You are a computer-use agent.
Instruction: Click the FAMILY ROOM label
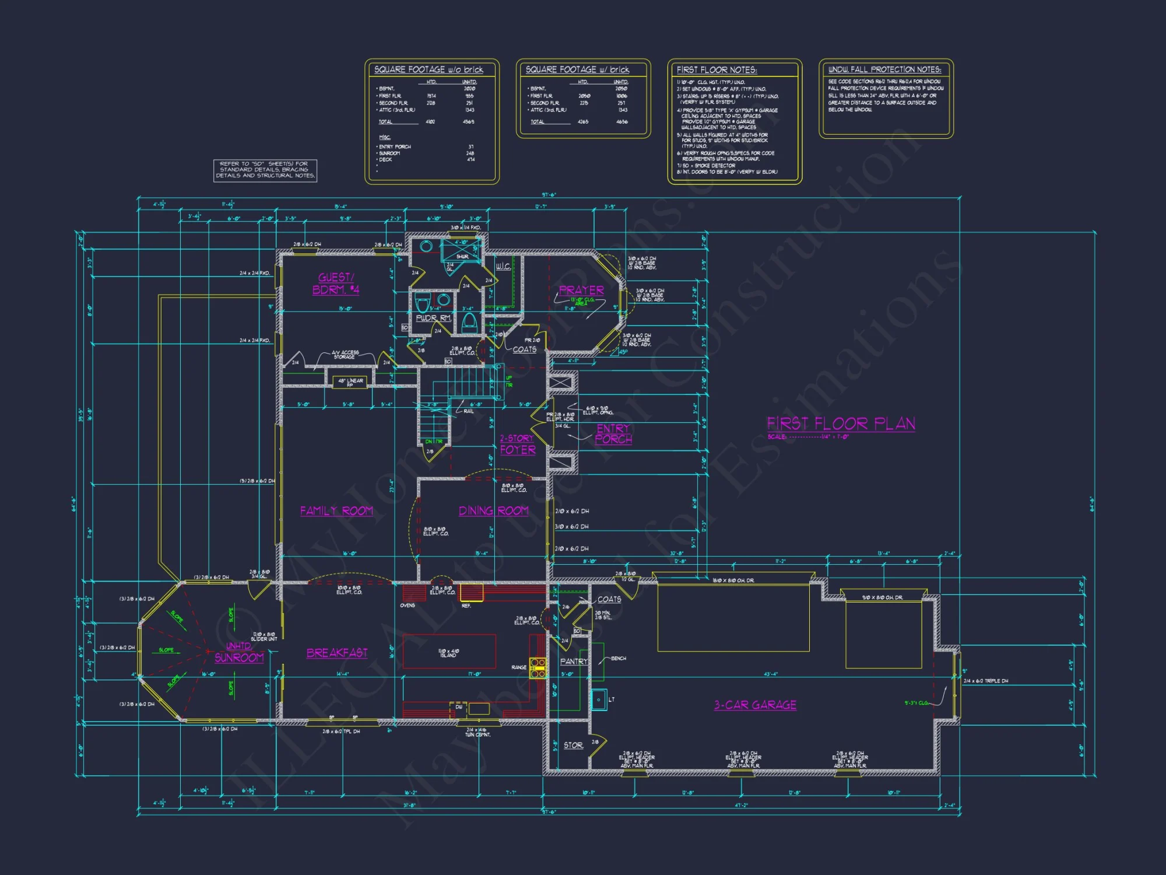point(336,511)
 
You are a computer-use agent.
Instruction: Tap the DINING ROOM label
point(493,511)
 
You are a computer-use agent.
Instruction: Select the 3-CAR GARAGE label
point(755,705)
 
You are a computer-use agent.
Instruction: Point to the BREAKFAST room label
point(337,653)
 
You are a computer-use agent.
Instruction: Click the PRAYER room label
point(581,290)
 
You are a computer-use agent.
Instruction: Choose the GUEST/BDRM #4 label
point(336,283)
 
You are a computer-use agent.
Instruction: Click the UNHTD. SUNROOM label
point(239,653)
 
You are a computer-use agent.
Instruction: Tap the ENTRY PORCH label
point(613,434)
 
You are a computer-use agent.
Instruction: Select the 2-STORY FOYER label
point(517,444)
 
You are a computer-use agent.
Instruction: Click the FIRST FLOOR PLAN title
point(841,423)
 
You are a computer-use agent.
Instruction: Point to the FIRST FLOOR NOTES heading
point(717,69)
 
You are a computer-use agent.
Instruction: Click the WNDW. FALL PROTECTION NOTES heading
point(884,69)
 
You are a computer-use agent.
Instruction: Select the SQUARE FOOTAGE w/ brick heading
point(577,69)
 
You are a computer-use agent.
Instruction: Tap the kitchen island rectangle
point(449,651)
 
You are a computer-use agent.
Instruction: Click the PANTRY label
point(574,661)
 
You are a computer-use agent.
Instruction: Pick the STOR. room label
point(573,745)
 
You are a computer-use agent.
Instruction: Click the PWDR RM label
point(433,318)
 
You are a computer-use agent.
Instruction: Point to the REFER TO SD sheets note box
point(265,170)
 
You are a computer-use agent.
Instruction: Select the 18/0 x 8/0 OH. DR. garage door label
point(733,580)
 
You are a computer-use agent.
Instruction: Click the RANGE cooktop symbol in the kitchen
point(538,667)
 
